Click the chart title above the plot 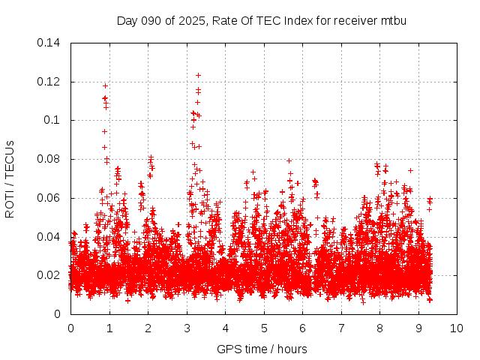[262, 20]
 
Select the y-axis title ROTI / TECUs [10, 178]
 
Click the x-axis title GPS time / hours [262, 349]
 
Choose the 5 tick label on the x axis [264, 328]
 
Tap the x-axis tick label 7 [341, 328]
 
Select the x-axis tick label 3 [187, 328]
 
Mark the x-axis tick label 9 [418, 328]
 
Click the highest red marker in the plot [198, 75]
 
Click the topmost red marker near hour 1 [105, 85]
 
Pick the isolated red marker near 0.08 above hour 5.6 [289, 160]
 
